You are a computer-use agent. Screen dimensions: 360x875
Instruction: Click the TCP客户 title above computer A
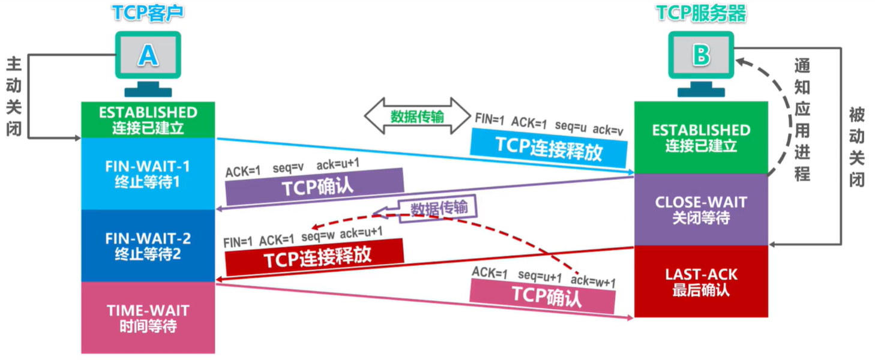pyautogui.click(x=148, y=13)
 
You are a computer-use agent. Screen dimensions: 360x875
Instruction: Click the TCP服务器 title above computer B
pyautogui.click(x=701, y=13)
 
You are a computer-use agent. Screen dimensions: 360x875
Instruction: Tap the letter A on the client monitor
pyautogui.click(x=148, y=55)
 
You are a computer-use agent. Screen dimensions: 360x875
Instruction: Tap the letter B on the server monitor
pyautogui.click(x=701, y=55)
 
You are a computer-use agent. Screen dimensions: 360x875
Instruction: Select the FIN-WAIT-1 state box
pyautogui.click(x=148, y=173)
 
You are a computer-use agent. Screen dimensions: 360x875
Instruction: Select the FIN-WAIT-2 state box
pyautogui.click(x=148, y=245)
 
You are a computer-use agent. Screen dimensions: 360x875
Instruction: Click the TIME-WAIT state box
pyautogui.click(x=148, y=317)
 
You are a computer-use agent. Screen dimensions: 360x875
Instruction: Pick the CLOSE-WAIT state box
pyautogui.click(x=701, y=209)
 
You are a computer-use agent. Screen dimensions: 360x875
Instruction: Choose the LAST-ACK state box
pyautogui.click(x=701, y=281)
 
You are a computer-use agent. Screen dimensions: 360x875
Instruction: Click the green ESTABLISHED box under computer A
pyautogui.click(x=148, y=119)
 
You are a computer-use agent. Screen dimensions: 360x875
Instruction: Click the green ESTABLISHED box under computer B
pyautogui.click(x=701, y=137)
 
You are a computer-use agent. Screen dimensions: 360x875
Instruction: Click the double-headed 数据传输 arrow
pyautogui.click(x=417, y=116)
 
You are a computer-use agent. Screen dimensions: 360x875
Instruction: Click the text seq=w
pyautogui.click(x=318, y=236)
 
